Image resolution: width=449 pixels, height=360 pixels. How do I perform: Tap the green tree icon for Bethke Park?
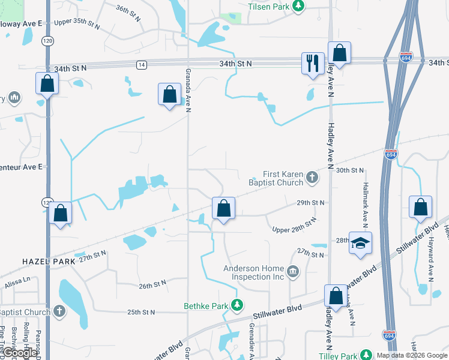coord(238,306)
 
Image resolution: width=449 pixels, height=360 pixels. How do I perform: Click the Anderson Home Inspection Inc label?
coord(254,273)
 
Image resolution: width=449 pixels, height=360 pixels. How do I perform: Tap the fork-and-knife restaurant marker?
coord(312,63)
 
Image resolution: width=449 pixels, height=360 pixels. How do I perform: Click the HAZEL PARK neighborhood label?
coord(49,262)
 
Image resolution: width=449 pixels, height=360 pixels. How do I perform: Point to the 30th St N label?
coord(351,171)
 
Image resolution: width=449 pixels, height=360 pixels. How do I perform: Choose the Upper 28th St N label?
coord(294,226)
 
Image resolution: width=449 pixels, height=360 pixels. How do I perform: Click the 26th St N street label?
coord(151,284)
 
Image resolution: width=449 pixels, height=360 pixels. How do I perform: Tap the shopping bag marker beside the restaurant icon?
coord(339,53)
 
